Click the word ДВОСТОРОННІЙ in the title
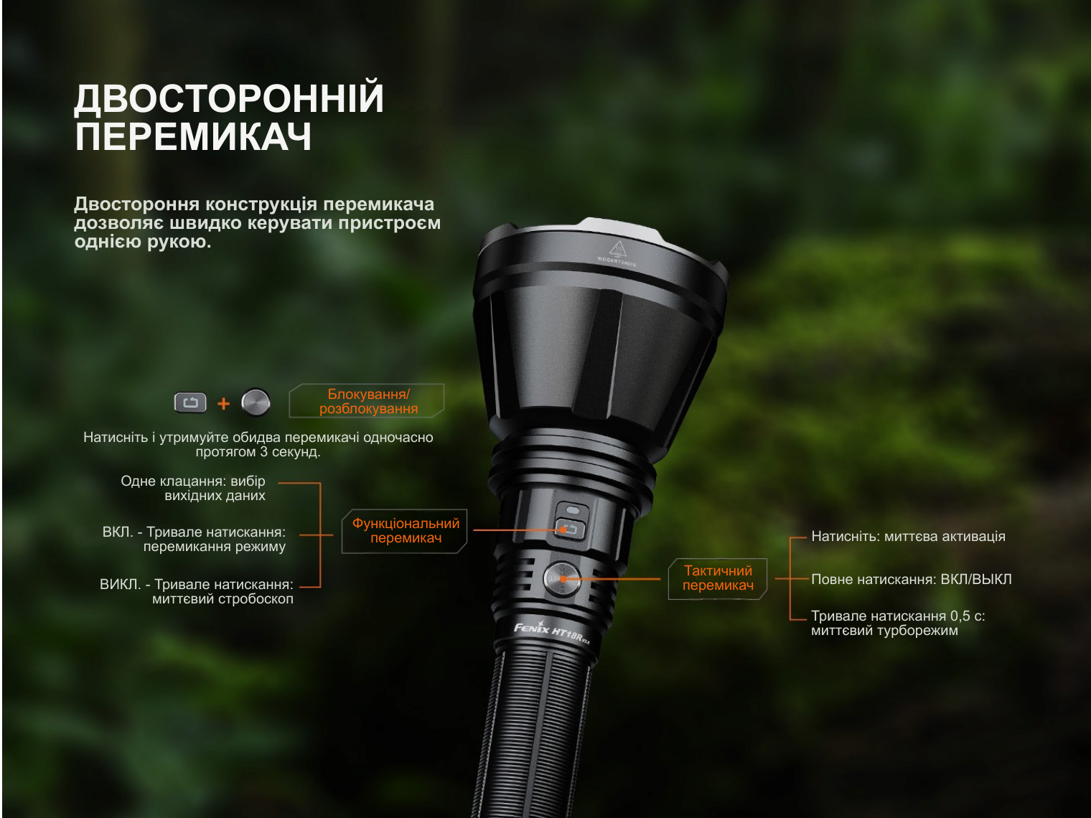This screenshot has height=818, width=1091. pos(229,98)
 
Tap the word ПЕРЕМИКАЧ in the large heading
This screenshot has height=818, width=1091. pos(193,136)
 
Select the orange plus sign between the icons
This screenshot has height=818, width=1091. pos(224,403)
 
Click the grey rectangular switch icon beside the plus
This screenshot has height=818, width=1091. pos(190,403)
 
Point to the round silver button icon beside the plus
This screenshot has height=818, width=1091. pos(256,402)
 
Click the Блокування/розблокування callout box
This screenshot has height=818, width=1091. pos(367,401)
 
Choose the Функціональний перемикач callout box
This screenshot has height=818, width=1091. pos(405,531)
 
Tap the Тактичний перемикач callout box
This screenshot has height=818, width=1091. pos(718,578)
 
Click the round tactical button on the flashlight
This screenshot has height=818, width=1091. pos(562,579)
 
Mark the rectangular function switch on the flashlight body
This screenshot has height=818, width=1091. pos(570,530)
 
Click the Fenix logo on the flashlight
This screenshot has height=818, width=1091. pos(531,629)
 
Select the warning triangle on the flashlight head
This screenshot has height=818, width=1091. pos(617,248)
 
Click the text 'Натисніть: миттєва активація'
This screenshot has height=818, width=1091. pos(908,537)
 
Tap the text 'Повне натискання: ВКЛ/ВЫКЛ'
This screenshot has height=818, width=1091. pos(911,579)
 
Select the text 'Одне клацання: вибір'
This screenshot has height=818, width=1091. pos(193,481)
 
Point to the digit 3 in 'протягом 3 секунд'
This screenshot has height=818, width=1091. pos(264,452)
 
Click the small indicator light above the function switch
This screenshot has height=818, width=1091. pos(573,511)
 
